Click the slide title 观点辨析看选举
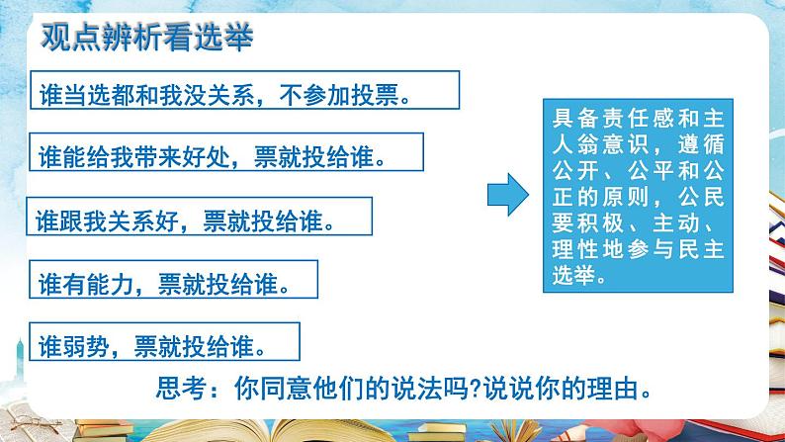(x=147, y=38)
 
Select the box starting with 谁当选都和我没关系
(x=245, y=89)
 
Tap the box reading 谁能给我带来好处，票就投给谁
(x=225, y=155)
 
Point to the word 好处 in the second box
(x=229, y=156)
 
